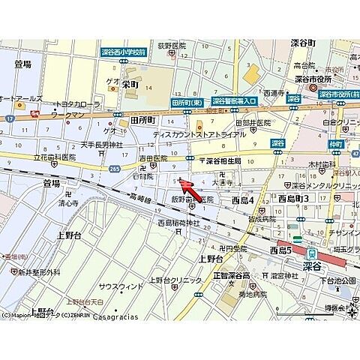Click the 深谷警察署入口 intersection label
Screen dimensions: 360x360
click(233, 100)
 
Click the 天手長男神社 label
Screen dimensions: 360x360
click(101, 145)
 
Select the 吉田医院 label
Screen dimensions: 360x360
click(152, 158)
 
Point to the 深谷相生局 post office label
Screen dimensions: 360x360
click(223, 160)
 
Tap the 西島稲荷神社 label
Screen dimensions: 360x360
click(178, 223)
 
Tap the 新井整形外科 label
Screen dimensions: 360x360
click(39, 272)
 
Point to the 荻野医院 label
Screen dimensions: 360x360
click(170, 46)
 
